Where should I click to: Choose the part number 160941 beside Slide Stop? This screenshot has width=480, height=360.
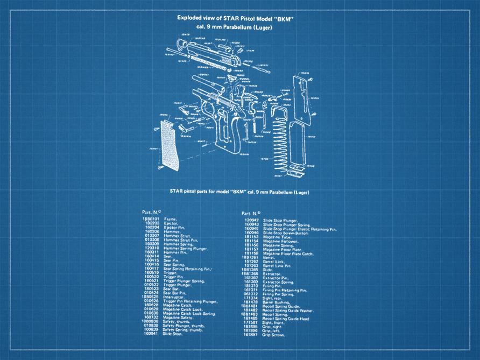click(150, 334)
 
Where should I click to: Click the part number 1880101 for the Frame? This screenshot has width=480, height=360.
click(150, 220)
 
